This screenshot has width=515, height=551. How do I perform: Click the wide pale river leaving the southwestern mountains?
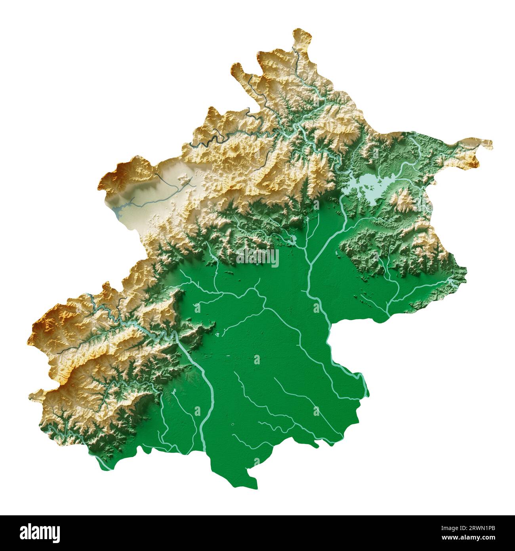pos(198,365)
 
